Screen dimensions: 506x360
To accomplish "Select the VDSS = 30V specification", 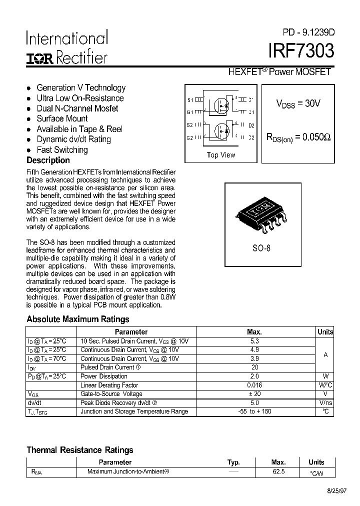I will (x=298, y=103).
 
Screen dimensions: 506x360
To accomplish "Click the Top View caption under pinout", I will (x=220, y=155).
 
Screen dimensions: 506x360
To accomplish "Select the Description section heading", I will (x=48, y=160).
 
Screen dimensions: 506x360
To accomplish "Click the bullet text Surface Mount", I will (x=62, y=118).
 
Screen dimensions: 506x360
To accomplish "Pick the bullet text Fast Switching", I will (x=62, y=150).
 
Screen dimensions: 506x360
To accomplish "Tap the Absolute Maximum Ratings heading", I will (x=77, y=319).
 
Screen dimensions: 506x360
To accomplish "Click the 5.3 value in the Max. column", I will (x=254, y=341).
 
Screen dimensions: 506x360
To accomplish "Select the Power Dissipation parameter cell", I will (x=104, y=376).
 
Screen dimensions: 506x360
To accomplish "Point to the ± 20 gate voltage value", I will (x=254, y=394).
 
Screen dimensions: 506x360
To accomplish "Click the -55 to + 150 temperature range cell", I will (x=254, y=411).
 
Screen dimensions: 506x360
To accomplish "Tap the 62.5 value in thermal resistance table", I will (x=278, y=471).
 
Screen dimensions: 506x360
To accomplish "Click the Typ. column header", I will (x=233, y=462).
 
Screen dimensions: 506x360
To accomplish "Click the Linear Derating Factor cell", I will (x=109, y=385).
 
